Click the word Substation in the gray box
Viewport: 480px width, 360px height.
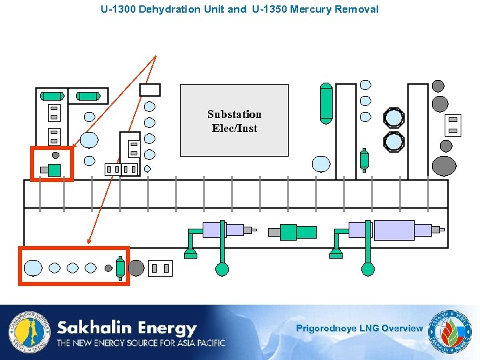tap(234, 114)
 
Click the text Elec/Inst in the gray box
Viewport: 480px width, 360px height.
tap(234, 128)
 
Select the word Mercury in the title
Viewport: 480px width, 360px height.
tap(311, 9)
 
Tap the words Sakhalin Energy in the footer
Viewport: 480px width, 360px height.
tap(127, 328)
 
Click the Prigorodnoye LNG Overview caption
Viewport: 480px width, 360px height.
tap(359, 328)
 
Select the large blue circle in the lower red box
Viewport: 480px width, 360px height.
tap(33, 268)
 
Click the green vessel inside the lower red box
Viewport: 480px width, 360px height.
tap(120, 268)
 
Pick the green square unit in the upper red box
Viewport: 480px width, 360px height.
tap(55, 170)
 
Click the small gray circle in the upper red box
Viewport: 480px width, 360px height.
tap(56, 155)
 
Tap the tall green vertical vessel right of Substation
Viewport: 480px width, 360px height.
tap(325, 103)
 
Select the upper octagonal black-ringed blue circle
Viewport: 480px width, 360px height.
tap(394, 118)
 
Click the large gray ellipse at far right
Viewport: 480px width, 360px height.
tap(444, 165)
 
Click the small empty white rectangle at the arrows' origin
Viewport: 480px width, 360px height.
tap(150, 90)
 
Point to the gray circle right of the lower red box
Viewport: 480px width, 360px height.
tap(136, 268)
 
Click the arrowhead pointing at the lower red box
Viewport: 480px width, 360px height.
tap(89, 241)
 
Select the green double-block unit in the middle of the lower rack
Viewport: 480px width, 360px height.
tap(297, 231)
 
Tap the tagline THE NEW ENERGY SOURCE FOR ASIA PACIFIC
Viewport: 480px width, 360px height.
tap(141, 343)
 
